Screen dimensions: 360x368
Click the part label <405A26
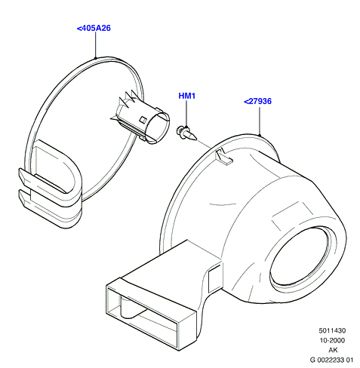94,28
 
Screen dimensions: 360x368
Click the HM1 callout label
187,96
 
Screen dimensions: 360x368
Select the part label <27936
257,101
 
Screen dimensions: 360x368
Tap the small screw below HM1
186,133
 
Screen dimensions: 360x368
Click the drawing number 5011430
332,330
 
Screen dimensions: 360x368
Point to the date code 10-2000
332,340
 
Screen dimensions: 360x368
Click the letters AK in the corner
333,350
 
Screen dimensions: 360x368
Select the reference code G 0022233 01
331,360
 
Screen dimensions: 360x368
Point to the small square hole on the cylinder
143,119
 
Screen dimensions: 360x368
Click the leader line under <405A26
95,45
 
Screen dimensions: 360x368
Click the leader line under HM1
186,114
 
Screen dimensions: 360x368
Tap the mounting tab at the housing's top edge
223,156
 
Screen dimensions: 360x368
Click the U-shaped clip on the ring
51,186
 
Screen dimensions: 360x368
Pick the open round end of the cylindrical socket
158,128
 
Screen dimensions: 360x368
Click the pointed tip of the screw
195,138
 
